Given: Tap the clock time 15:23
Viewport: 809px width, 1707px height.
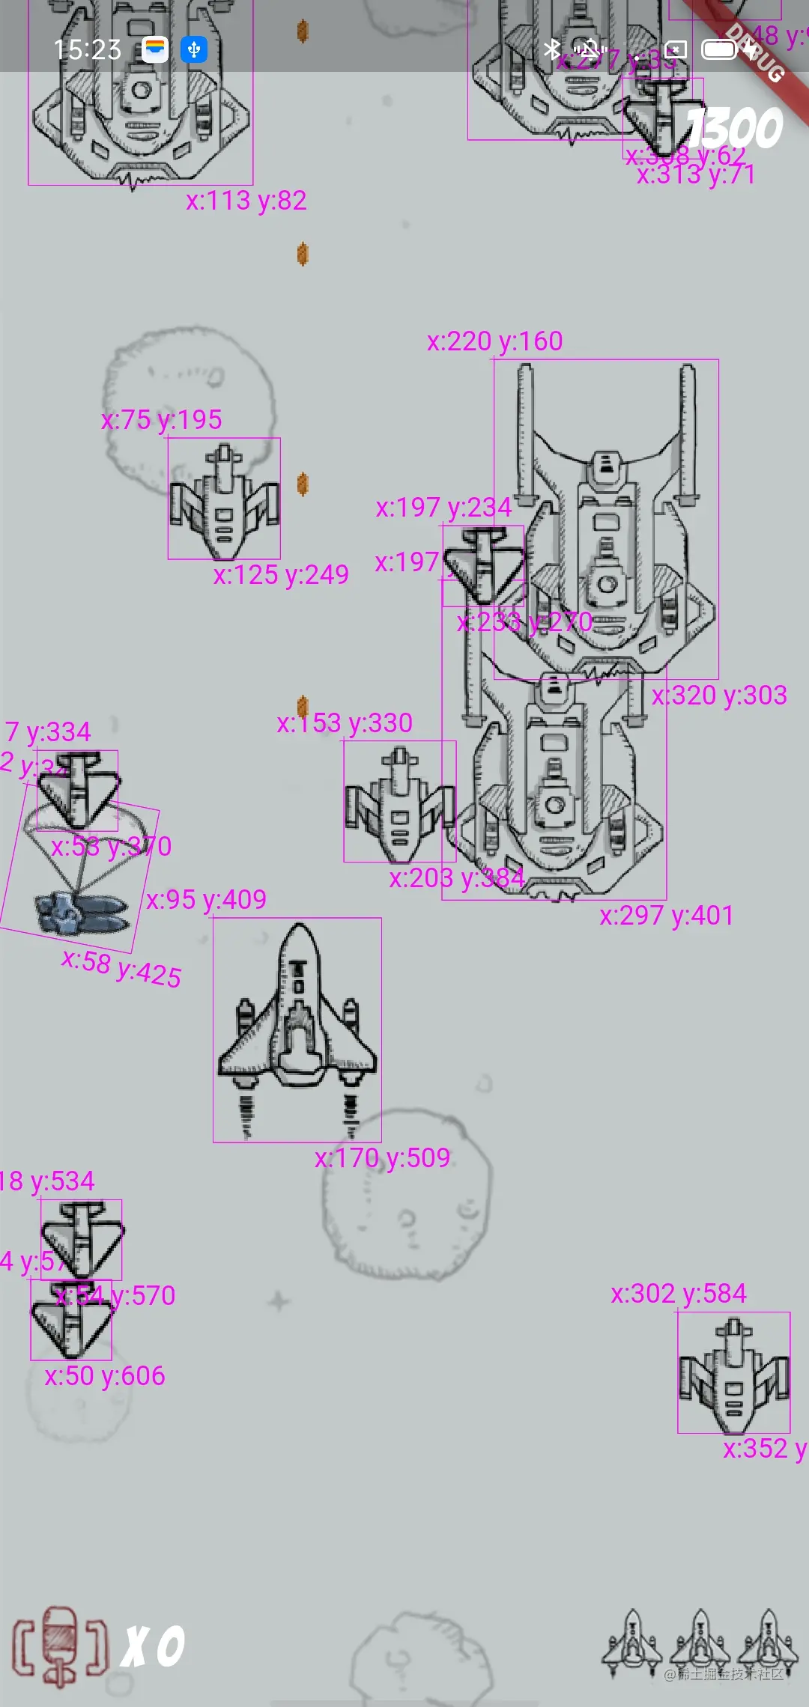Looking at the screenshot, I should tap(87, 49).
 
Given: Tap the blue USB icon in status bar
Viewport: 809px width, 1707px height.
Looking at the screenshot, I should tap(194, 49).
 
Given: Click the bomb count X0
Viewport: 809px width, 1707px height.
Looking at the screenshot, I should tap(154, 1647).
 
